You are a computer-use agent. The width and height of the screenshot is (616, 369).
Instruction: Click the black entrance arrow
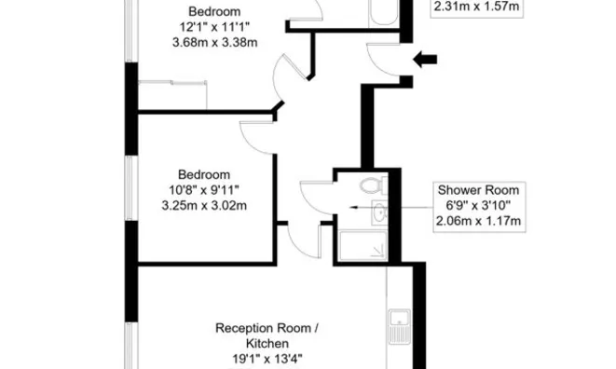424,61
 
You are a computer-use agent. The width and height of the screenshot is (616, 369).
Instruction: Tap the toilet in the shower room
375,185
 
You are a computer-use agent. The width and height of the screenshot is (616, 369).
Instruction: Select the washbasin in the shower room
376,213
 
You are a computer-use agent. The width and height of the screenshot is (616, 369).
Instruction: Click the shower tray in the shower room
362,245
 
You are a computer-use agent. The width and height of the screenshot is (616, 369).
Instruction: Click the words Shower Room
478,190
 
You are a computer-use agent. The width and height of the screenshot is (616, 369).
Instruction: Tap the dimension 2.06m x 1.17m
478,221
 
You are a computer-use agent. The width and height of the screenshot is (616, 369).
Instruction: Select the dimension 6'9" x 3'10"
478,206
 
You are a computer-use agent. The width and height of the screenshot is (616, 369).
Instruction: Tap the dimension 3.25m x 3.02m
203,205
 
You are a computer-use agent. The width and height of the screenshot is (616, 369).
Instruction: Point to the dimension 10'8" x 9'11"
203,190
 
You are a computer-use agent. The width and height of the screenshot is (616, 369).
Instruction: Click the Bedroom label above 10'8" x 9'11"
203,174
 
